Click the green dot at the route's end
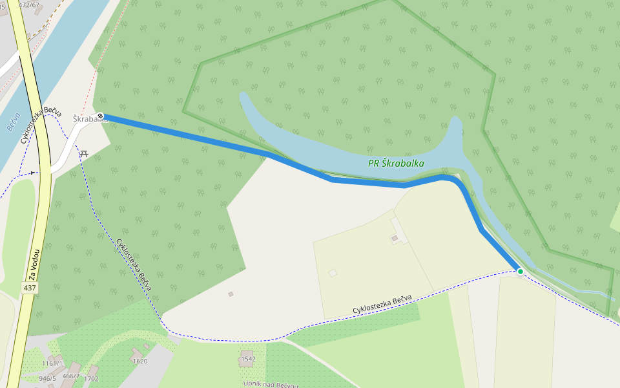[x=521, y=272]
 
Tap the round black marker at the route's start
[x=101, y=116]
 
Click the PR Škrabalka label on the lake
[x=396, y=164]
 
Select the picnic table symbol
[x=83, y=154]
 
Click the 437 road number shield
[x=29, y=287]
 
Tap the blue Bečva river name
[x=15, y=122]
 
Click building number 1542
[x=248, y=359]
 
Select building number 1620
[x=139, y=361]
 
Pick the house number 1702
[x=91, y=379]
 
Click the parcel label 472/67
[x=29, y=5]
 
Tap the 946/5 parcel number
[x=47, y=379]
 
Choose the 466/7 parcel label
[x=71, y=376]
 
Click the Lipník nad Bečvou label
[x=269, y=384]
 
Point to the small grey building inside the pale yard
[x=395, y=239]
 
